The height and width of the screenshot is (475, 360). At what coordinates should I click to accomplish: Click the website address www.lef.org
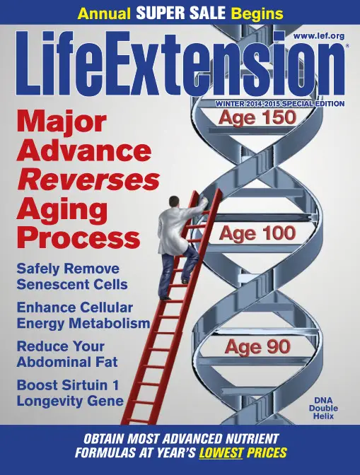coord(319,36)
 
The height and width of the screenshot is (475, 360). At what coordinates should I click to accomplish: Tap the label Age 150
coord(257,117)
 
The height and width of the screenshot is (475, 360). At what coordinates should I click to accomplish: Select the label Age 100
coord(257,233)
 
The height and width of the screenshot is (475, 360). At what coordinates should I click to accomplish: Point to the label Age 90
coord(257,346)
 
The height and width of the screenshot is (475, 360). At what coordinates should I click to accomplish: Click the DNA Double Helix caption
coord(323,408)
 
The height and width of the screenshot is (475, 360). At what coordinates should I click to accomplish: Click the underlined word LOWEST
coord(221,452)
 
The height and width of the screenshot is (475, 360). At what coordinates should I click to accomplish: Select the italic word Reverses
coord(88,180)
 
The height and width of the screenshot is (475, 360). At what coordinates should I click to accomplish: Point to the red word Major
coord(62,122)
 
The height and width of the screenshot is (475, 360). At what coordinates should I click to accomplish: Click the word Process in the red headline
coord(79,239)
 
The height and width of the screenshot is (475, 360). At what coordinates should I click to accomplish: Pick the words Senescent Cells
coord(72,284)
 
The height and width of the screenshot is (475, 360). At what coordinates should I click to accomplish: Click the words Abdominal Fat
coord(67,362)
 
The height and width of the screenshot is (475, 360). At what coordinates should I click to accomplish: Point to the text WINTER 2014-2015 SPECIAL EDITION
coord(279,104)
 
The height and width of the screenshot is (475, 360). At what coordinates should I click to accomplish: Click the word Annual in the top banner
coord(104,14)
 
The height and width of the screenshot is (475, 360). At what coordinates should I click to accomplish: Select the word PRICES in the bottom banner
coord(267,452)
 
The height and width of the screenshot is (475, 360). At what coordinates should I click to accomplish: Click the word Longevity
coord(47,401)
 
